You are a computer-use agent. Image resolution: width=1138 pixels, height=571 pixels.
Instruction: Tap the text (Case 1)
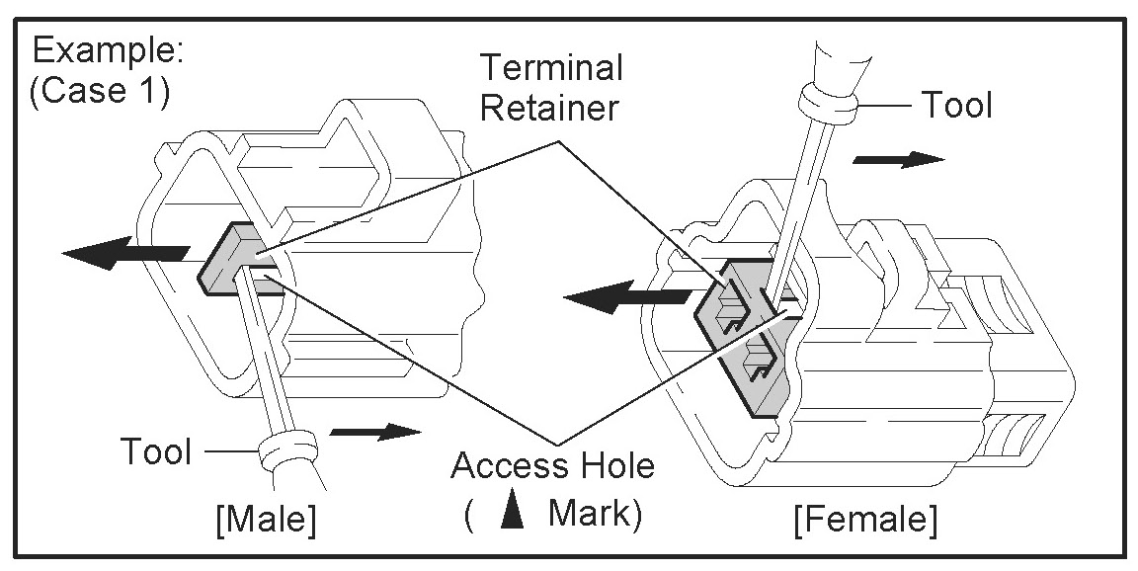click(x=102, y=93)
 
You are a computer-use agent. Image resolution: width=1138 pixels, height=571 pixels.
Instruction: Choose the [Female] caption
click(x=864, y=518)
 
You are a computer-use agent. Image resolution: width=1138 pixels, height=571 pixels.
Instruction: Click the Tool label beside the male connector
click(x=155, y=451)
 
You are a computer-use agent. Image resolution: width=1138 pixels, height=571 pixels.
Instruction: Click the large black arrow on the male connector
click(x=119, y=251)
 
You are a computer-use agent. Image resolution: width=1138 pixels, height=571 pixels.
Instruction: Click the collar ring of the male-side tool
click(x=281, y=455)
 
